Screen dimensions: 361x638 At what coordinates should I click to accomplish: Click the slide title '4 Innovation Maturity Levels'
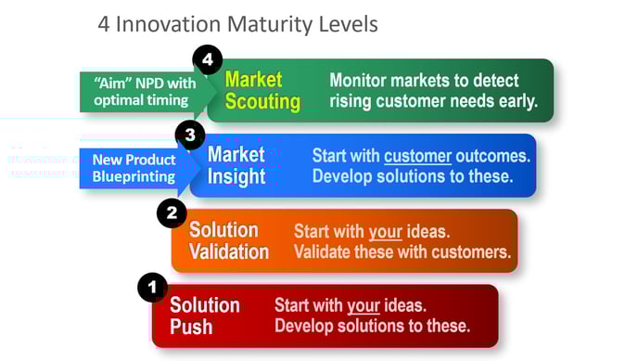point(237,23)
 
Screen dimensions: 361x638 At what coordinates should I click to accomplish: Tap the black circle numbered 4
point(208,61)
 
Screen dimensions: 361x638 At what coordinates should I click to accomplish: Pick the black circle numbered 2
point(172,213)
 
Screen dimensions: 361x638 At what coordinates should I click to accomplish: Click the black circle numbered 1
point(153,288)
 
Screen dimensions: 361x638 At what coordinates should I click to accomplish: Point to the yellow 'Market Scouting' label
point(262,91)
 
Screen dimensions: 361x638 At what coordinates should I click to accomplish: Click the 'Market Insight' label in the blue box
point(236,165)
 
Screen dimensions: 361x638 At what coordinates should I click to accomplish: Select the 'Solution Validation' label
point(229,240)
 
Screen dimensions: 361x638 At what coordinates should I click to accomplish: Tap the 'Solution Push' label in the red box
point(204,316)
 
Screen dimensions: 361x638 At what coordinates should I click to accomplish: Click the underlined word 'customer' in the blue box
point(417,156)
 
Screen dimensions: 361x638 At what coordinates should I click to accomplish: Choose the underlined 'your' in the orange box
point(385,231)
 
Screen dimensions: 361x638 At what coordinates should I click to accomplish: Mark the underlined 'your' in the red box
point(364,305)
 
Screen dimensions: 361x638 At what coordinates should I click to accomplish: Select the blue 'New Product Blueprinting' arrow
point(134,168)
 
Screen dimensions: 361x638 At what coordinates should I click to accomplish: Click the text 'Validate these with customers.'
point(402,251)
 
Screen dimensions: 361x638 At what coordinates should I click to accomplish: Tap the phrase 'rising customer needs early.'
point(433,101)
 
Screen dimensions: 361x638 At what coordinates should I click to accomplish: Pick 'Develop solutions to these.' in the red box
point(372,326)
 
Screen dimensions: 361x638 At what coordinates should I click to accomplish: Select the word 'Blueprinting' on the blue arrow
point(134,176)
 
